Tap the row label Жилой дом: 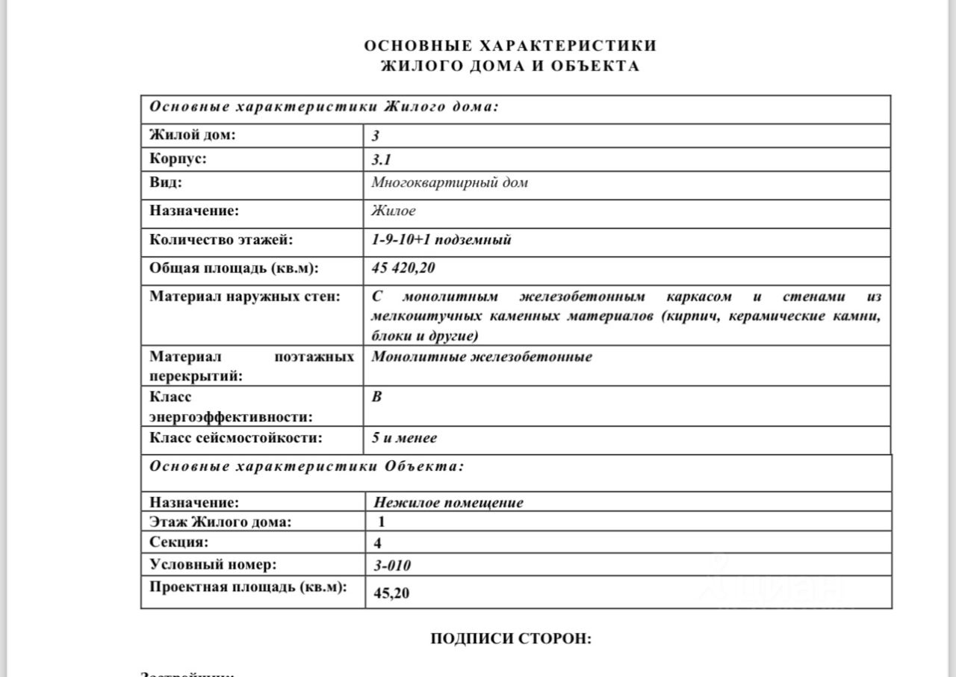(x=193, y=135)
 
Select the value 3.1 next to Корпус (x=382, y=159)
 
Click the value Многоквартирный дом (x=450, y=182)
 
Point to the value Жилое (x=394, y=211)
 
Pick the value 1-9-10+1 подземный (x=441, y=240)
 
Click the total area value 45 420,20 (x=403, y=268)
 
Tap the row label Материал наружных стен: (x=245, y=296)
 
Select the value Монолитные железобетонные (x=482, y=356)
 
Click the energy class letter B (x=376, y=396)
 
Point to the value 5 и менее (x=404, y=438)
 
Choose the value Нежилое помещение (x=447, y=502)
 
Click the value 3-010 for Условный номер (x=391, y=565)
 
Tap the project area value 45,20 (x=391, y=593)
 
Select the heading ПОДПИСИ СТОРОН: (x=511, y=639)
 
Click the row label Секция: (x=179, y=542)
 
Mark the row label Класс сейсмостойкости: (x=236, y=438)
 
